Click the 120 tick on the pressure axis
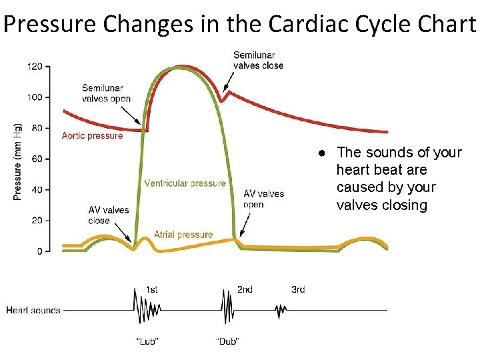coord(35,67)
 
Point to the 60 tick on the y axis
coord(37,159)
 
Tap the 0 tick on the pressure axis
coord(39,251)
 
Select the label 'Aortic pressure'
coord(92,136)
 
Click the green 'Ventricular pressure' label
coord(185,183)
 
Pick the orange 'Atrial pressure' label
coord(183,235)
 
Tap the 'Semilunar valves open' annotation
coord(106,93)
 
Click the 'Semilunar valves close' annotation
coord(258,60)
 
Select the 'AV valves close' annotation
coord(109,215)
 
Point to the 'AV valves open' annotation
coord(263,199)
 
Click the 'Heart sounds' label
coord(33,310)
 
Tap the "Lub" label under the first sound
coord(147,341)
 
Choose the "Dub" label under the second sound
coord(227,341)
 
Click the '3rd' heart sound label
coord(298,289)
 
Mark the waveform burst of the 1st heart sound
coord(147,310)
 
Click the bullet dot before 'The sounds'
coord(321,153)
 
